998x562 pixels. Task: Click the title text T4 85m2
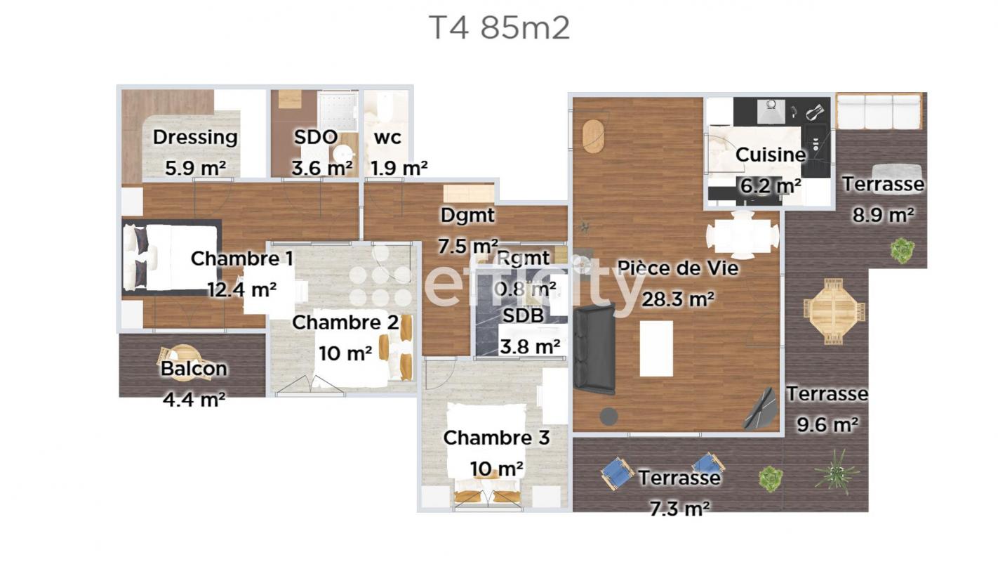point(500,28)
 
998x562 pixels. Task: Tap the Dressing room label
point(195,138)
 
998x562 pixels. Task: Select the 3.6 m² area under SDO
point(322,168)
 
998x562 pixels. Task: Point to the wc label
point(387,138)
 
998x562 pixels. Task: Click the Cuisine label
point(771,155)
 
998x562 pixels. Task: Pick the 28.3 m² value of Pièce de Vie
point(678,299)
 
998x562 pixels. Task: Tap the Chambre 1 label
point(242,259)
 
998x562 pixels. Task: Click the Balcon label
point(194,368)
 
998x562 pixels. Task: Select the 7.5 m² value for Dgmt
point(468,246)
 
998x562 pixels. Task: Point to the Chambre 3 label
point(496,438)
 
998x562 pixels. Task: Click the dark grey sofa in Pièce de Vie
point(594,350)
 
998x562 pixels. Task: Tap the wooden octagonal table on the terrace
point(834,311)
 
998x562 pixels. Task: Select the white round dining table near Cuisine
point(743,235)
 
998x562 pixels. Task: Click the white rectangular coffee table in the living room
point(656,348)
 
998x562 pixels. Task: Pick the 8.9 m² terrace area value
point(883,215)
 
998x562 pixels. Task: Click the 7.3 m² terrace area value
point(679,509)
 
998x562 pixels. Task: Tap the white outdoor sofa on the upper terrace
point(879,111)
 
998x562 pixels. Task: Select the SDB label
point(523,315)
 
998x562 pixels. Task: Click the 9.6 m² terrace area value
point(827,424)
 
